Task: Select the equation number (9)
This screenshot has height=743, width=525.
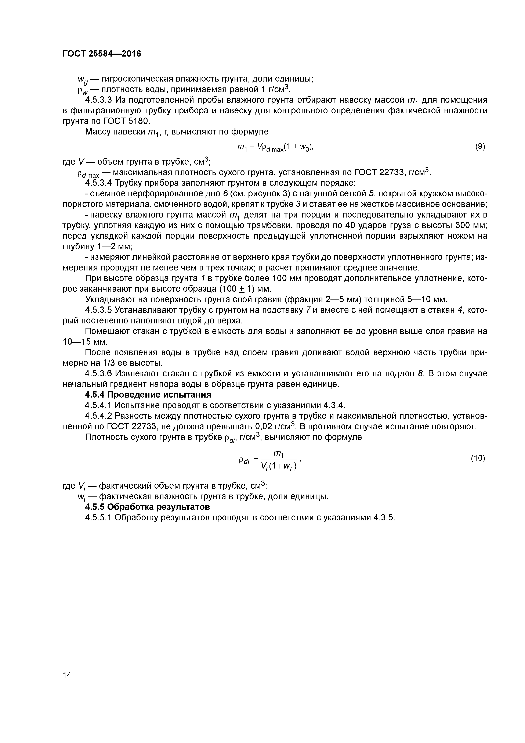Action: [480, 147]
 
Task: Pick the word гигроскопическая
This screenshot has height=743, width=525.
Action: [137, 79]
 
